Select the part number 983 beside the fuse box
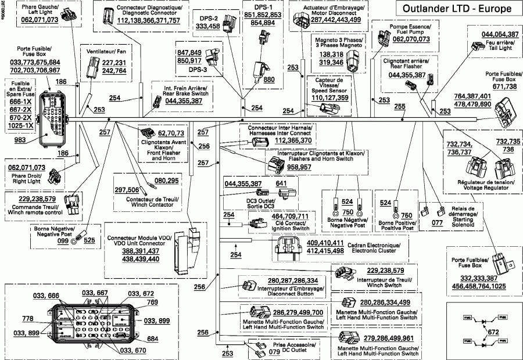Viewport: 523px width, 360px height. point(21,140)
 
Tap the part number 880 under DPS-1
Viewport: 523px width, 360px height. point(269,80)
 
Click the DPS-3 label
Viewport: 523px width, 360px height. point(190,68)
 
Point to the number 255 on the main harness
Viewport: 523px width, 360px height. point(400,106)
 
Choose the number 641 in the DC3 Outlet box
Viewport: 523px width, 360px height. point(281,184)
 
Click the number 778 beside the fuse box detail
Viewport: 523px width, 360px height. point(28,319)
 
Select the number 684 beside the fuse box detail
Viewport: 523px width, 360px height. point(153,339)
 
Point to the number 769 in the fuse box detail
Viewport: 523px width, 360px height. point(152,302)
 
